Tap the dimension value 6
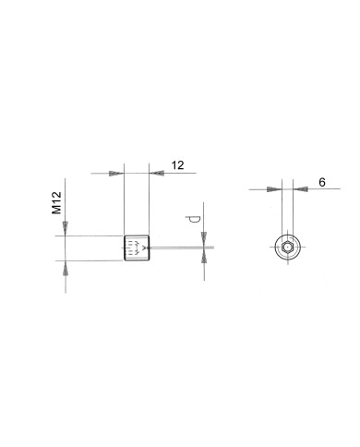point(322,183)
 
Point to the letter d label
point(192,219)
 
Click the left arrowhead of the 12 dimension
point(117,173)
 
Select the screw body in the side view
point(136,248)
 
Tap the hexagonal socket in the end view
point(288,248)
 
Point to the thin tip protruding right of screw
point(180,248)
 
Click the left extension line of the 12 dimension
point(124,203)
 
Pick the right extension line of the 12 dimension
point(149,203)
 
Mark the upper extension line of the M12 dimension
point(92,236)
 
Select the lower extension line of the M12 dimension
point(92,260)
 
